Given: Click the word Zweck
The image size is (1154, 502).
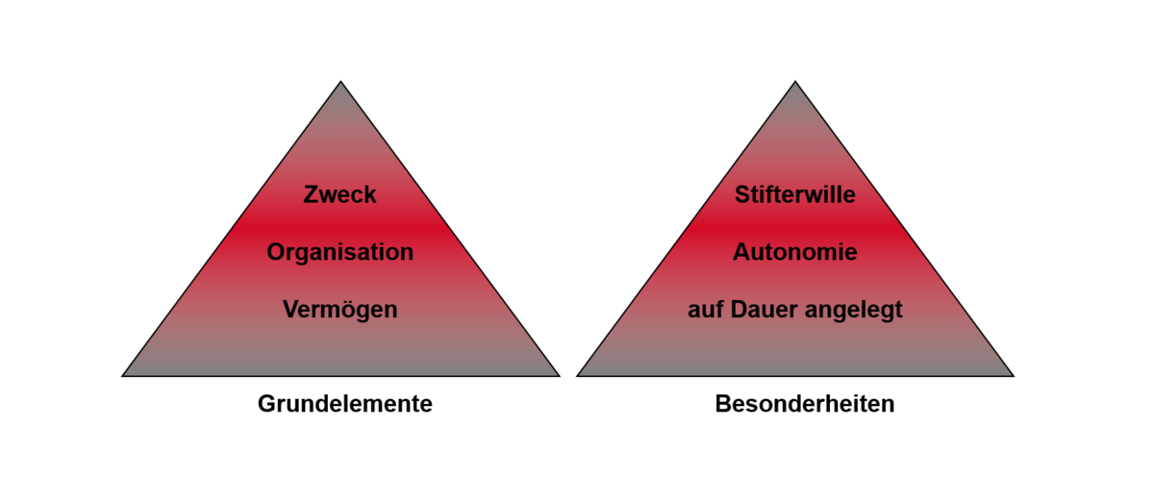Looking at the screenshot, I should click(339, 195).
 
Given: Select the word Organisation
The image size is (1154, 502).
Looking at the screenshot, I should click(339, 253).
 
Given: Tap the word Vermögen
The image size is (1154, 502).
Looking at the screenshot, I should click(339, 310).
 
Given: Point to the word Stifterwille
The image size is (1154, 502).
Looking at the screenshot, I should click(795, 195).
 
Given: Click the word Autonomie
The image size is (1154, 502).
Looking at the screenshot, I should click(795, 253).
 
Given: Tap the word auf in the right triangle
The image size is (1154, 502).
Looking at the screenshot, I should click(705, 310).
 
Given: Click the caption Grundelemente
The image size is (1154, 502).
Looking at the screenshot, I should click(344, 404).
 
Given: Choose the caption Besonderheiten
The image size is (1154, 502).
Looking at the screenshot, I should click(805, 404).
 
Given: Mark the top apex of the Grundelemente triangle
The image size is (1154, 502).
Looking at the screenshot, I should click(340, 82).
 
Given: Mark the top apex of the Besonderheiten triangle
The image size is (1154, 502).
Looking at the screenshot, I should click(795, 82).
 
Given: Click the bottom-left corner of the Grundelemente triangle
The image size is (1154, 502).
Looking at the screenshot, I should click(123, 375).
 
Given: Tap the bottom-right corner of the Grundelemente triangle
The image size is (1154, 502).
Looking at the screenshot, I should click(559, 375).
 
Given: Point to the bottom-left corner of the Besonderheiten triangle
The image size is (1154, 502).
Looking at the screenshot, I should click(577, 375).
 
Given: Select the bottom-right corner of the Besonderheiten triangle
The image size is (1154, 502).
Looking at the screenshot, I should click(1013, 375).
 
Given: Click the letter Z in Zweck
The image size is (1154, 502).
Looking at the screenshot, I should click(311, 195).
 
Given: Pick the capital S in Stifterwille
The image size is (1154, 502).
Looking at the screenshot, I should click(742, 195).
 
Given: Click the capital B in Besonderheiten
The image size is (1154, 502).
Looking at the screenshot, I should click(722, 404).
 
